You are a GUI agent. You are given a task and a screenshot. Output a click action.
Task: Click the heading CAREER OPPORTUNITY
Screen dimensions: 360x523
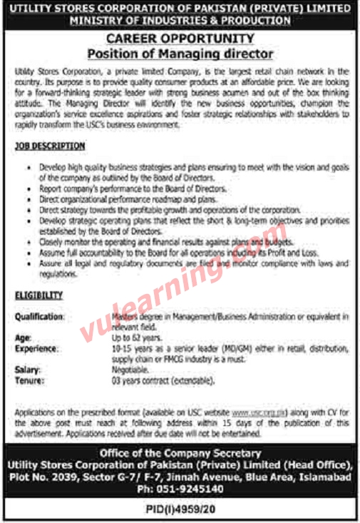pos(180,39)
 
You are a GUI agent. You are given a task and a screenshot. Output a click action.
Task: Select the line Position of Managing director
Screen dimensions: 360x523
pos(180,53)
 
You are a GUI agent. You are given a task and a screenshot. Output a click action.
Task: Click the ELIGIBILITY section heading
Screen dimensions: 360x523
pos(37,295)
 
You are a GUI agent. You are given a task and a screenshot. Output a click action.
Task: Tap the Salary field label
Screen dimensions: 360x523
pos(27,370)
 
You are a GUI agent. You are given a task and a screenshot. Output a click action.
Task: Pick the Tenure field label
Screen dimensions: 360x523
pos(29,380)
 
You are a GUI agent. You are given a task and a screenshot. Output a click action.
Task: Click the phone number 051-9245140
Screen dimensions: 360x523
pos(180,489)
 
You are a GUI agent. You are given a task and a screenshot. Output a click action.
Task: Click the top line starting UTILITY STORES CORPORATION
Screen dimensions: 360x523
pos(180,9)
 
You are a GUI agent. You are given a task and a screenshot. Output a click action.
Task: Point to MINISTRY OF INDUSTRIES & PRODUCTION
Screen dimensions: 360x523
pos(180,21)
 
